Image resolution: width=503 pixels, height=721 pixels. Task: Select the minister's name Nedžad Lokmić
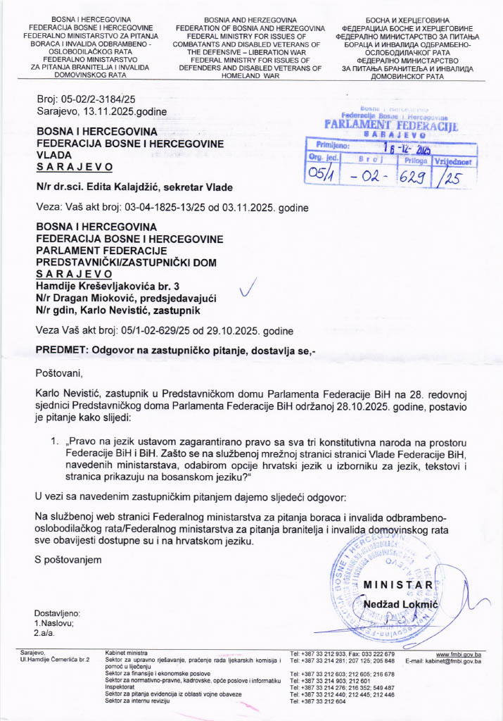401,604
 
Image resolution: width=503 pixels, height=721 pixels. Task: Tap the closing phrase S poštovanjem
68,559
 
